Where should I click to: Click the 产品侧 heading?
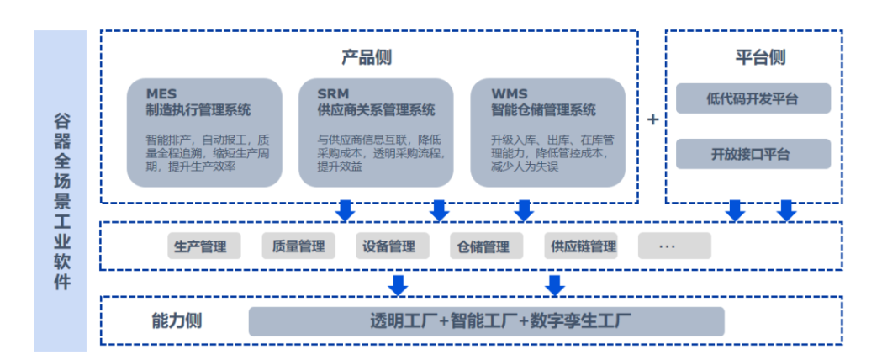click(367, 57)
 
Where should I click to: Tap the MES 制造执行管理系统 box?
click(204, 132)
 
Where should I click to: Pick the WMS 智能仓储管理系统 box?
click(547, 132)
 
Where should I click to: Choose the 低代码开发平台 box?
click(753, 98)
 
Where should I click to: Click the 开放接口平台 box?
click(753, 154)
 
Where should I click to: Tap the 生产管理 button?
click(200, 246)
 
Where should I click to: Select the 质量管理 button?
click(293, 246)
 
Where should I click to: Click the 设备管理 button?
click(388, 246)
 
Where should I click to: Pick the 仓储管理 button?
click(483, 246)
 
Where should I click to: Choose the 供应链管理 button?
click(583, 246)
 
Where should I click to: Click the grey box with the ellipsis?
click(673, 246)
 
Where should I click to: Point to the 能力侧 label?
click(177, 320)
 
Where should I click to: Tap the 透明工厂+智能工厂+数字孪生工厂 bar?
click(486, 321)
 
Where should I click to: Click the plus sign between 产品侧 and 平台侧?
click(652, 120)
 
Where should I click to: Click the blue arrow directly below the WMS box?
click(525, 210)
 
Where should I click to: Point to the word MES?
click(161, 93)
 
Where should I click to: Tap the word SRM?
click(333, 93)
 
